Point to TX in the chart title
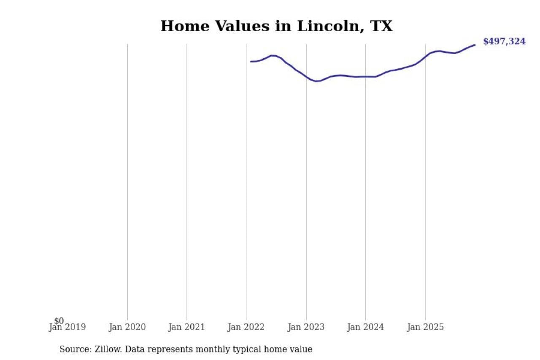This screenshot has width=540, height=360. (x=381, y=26)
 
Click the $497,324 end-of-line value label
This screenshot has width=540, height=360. (x=504, y=42)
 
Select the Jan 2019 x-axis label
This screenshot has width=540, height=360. (x=67, y=327)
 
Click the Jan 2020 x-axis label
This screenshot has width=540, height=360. (x=127, y=327)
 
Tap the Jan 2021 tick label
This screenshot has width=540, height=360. (x=186, y=327)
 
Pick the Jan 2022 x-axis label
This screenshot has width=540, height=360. (x=246, y=327)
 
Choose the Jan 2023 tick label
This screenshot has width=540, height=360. (x=306, y=327)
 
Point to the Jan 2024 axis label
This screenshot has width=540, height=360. (x=365, y=327)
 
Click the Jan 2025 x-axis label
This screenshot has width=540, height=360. (x=425, y=327)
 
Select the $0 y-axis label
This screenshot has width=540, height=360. (x=59, y=321)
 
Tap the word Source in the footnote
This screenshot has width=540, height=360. (x=73, y=349)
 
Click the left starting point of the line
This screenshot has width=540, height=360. (x=251, y=62)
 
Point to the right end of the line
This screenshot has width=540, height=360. (x=475, y=45)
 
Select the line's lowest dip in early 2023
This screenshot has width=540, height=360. (x=316, y=81)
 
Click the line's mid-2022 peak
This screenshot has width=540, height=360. (x=273, y=55)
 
